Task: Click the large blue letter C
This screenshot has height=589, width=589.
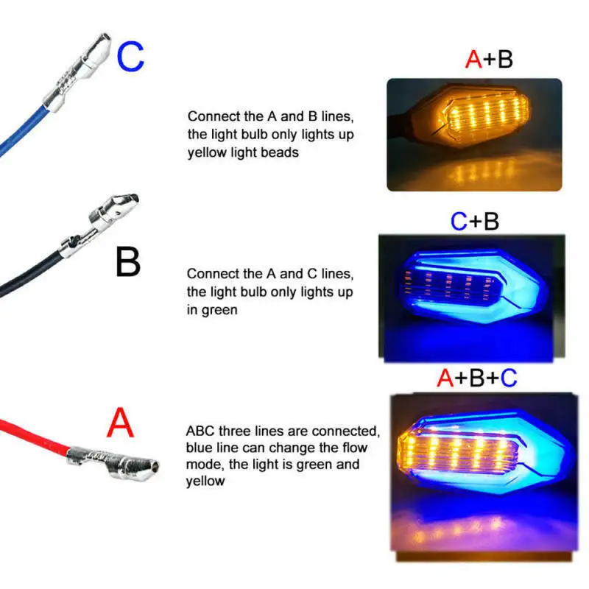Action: click(130, 57)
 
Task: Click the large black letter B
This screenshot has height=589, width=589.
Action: click(128, 262)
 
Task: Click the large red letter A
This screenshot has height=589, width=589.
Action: click(120, 423)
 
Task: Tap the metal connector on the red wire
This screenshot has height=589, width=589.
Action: click(113, 464)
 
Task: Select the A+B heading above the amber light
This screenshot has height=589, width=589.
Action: click(489, 59)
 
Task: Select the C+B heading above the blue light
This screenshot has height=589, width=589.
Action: click(475, 222)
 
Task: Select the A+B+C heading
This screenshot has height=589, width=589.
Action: click(477, 378)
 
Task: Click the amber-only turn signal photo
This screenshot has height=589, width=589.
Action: click(474, 135)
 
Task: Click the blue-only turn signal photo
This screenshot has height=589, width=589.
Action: click(472, 299)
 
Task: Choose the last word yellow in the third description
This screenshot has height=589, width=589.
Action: click(205, 482)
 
